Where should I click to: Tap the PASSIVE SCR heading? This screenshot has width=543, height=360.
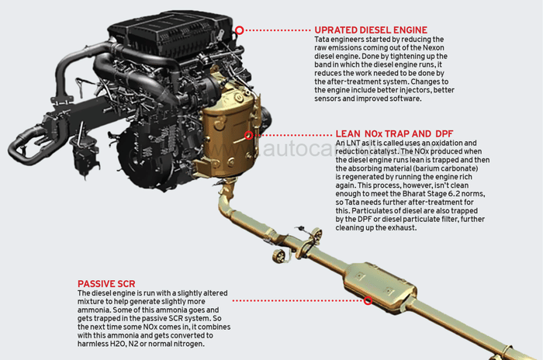tap(108, 284)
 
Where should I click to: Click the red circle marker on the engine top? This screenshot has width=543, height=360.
tap(240, 29)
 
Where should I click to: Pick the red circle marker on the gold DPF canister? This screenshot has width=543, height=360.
tap(249, 134)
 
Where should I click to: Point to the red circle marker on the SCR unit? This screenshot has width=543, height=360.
tap(368, 299)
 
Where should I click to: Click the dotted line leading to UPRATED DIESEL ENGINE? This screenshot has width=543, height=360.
tap(278, 30)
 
